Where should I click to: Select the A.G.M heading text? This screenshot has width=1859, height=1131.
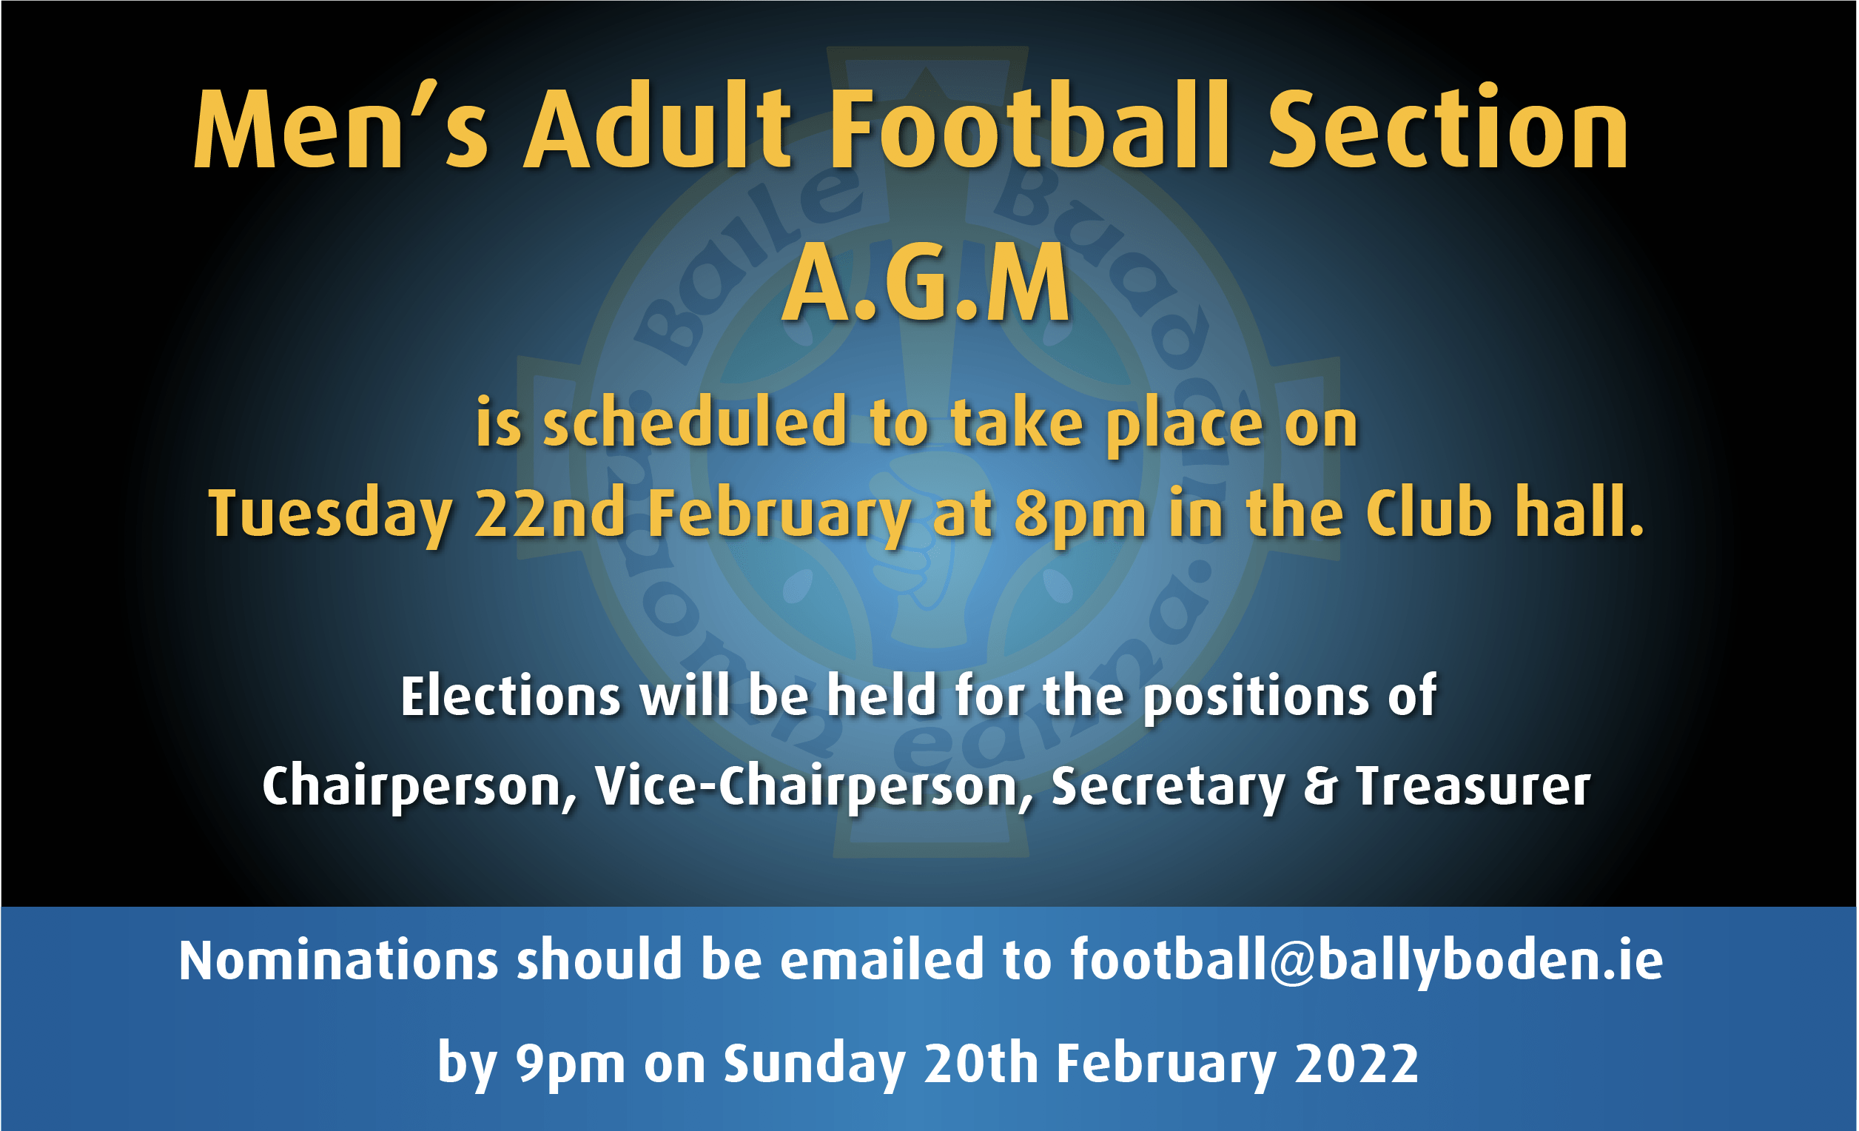coord(927,283)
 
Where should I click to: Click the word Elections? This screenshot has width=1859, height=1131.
coord(511,695)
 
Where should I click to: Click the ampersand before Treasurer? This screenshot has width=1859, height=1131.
coord(1320,785)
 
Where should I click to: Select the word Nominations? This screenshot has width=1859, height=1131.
coord(338,960)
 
